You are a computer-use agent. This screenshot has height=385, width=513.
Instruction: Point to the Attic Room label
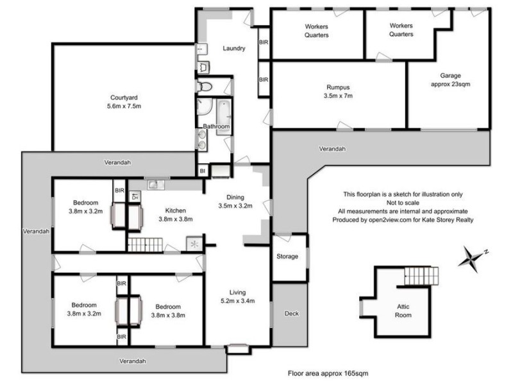pyautogui.click(x=402, y=311)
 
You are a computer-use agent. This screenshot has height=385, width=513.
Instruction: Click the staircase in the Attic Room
pyautogui.click(x=421, y=277)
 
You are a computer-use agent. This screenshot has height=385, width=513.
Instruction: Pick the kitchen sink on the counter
pyautogui.click(x=155, y=185)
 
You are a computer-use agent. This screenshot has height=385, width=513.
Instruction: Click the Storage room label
pyautogui.click(x=287, y=257)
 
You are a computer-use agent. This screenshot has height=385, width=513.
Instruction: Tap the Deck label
pyautogui.click(x=291, y=314)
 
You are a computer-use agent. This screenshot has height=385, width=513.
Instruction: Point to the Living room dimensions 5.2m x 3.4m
pyautogui.click(x=237, y=300)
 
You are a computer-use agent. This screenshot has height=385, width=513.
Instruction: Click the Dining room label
pyautogui.click(x=235, y=198)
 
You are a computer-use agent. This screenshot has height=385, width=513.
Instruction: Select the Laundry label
pyautogui.click(x=234, y=48)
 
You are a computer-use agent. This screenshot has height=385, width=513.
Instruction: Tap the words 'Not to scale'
pyautogui.click(x=403, y=202)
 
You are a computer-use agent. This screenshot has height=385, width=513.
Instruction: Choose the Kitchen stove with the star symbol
pyautogui.click(x=194, y=243)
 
